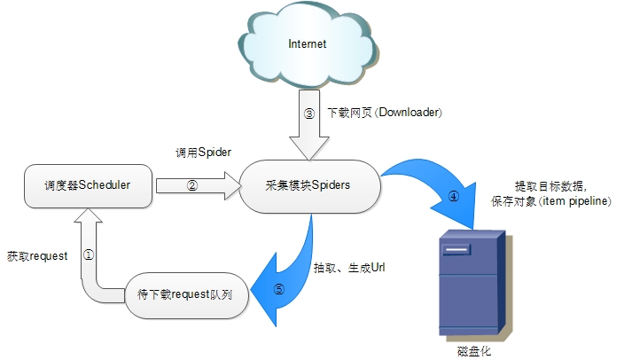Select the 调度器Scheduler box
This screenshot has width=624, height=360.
click(87, 185)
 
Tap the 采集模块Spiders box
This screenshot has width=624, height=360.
click(308, 185)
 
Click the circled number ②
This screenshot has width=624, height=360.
click(191, 186)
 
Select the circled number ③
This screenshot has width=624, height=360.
click(308, 113)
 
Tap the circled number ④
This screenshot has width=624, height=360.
click(453, 197)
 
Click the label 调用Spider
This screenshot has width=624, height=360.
click(203, 153)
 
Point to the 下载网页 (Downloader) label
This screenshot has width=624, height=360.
click(385, 113)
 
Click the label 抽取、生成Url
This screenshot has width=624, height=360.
click(348, 267)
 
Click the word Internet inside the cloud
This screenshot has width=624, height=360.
click(307, 43)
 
